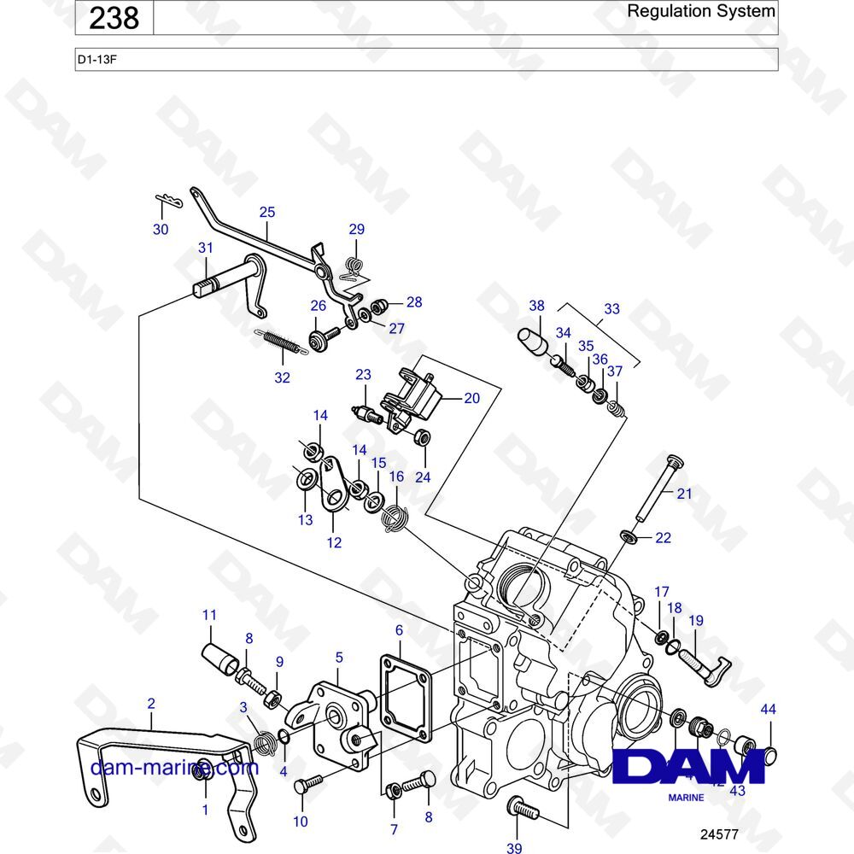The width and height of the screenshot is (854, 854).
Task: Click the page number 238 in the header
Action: tap(114, 18)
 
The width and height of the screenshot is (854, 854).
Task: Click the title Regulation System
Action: tap(700, 12)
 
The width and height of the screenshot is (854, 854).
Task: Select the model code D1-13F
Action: tap(95, 60)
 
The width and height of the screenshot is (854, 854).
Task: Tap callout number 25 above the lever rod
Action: tap(267, 211)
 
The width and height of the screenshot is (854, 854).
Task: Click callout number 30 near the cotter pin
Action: tap(161, 229)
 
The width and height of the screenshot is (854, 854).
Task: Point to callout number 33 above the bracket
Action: tap(611, 309)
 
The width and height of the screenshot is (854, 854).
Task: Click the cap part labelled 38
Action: tap(533, 340)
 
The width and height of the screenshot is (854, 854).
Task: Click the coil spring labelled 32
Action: tap(278, 341)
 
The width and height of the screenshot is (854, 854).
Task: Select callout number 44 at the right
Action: tap(769, 709)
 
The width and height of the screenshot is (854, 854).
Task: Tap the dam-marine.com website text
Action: tap(174, 767)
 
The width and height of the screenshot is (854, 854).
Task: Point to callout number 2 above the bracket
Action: tap(151, 704)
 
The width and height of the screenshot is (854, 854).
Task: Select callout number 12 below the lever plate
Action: tap(335, 541)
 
